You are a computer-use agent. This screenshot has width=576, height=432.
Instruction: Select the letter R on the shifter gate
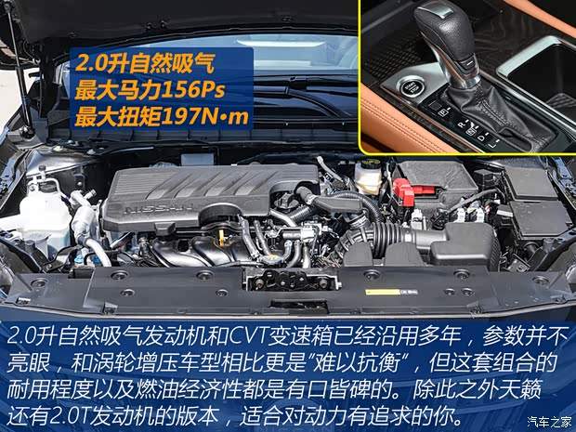(462, 124)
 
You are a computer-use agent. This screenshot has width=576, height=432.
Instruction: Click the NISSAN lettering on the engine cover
(159, 210)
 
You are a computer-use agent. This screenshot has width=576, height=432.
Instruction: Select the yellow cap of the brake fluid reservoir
(368, 164)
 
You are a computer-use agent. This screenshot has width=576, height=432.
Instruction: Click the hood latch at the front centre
(291, 280)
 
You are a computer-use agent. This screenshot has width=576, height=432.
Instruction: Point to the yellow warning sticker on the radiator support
(383, 292)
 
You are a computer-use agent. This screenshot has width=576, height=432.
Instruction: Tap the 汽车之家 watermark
(550, 421)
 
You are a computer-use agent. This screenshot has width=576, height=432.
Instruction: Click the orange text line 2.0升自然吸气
(144, 63)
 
